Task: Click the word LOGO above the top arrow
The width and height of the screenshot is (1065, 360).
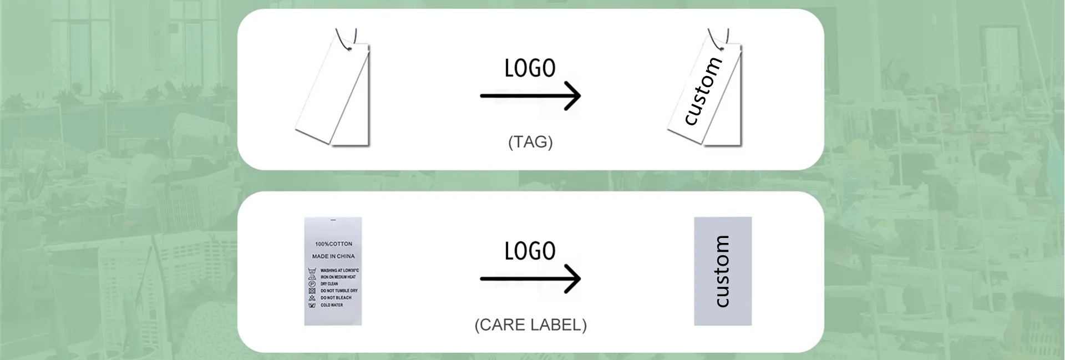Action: pyautogui.click(x=530, y=68)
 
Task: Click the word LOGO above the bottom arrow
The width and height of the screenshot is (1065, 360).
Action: pyautogui.click(x=530, y=251)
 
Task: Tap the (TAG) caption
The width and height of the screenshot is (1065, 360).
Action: pyautogui.click(x=530, y=142)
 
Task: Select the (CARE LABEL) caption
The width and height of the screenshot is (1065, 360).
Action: pyautogui.click(x=530, y=324)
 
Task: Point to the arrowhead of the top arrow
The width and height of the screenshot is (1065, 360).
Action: pyautogui.click(x=575, y=96)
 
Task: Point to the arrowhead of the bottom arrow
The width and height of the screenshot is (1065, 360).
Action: pyautogui.click(x=575, y=278)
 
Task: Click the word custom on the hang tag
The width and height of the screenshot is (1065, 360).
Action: pyautogui.click(x=703, y=91)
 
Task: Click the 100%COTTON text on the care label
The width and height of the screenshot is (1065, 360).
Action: pyautogui.click(x=333, y=244)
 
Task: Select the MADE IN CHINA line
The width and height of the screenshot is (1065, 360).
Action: pyautogui.click(x=333, y=256)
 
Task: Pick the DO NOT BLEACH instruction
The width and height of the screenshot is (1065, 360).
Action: pyautogui.click(x=336, y=298)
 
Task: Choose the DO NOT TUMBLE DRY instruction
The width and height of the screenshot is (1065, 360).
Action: pyautogui.click(x=339, y=291)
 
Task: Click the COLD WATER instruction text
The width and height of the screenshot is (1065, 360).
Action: pyautogui.click(x=332, y=305)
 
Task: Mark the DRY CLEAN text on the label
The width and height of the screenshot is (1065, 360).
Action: pyautogui.click(x=329, y=283)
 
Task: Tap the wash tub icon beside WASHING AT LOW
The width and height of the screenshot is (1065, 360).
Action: pyautogui.click(x=311, y=270)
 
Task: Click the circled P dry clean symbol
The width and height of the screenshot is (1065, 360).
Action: pyautogui.click(x=311, y=283)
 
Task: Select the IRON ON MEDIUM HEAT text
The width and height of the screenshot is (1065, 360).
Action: pyautogui.click(x=338, y=277)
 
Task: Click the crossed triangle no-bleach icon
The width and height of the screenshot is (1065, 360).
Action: pyautogui.click(x=311, y=298)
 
